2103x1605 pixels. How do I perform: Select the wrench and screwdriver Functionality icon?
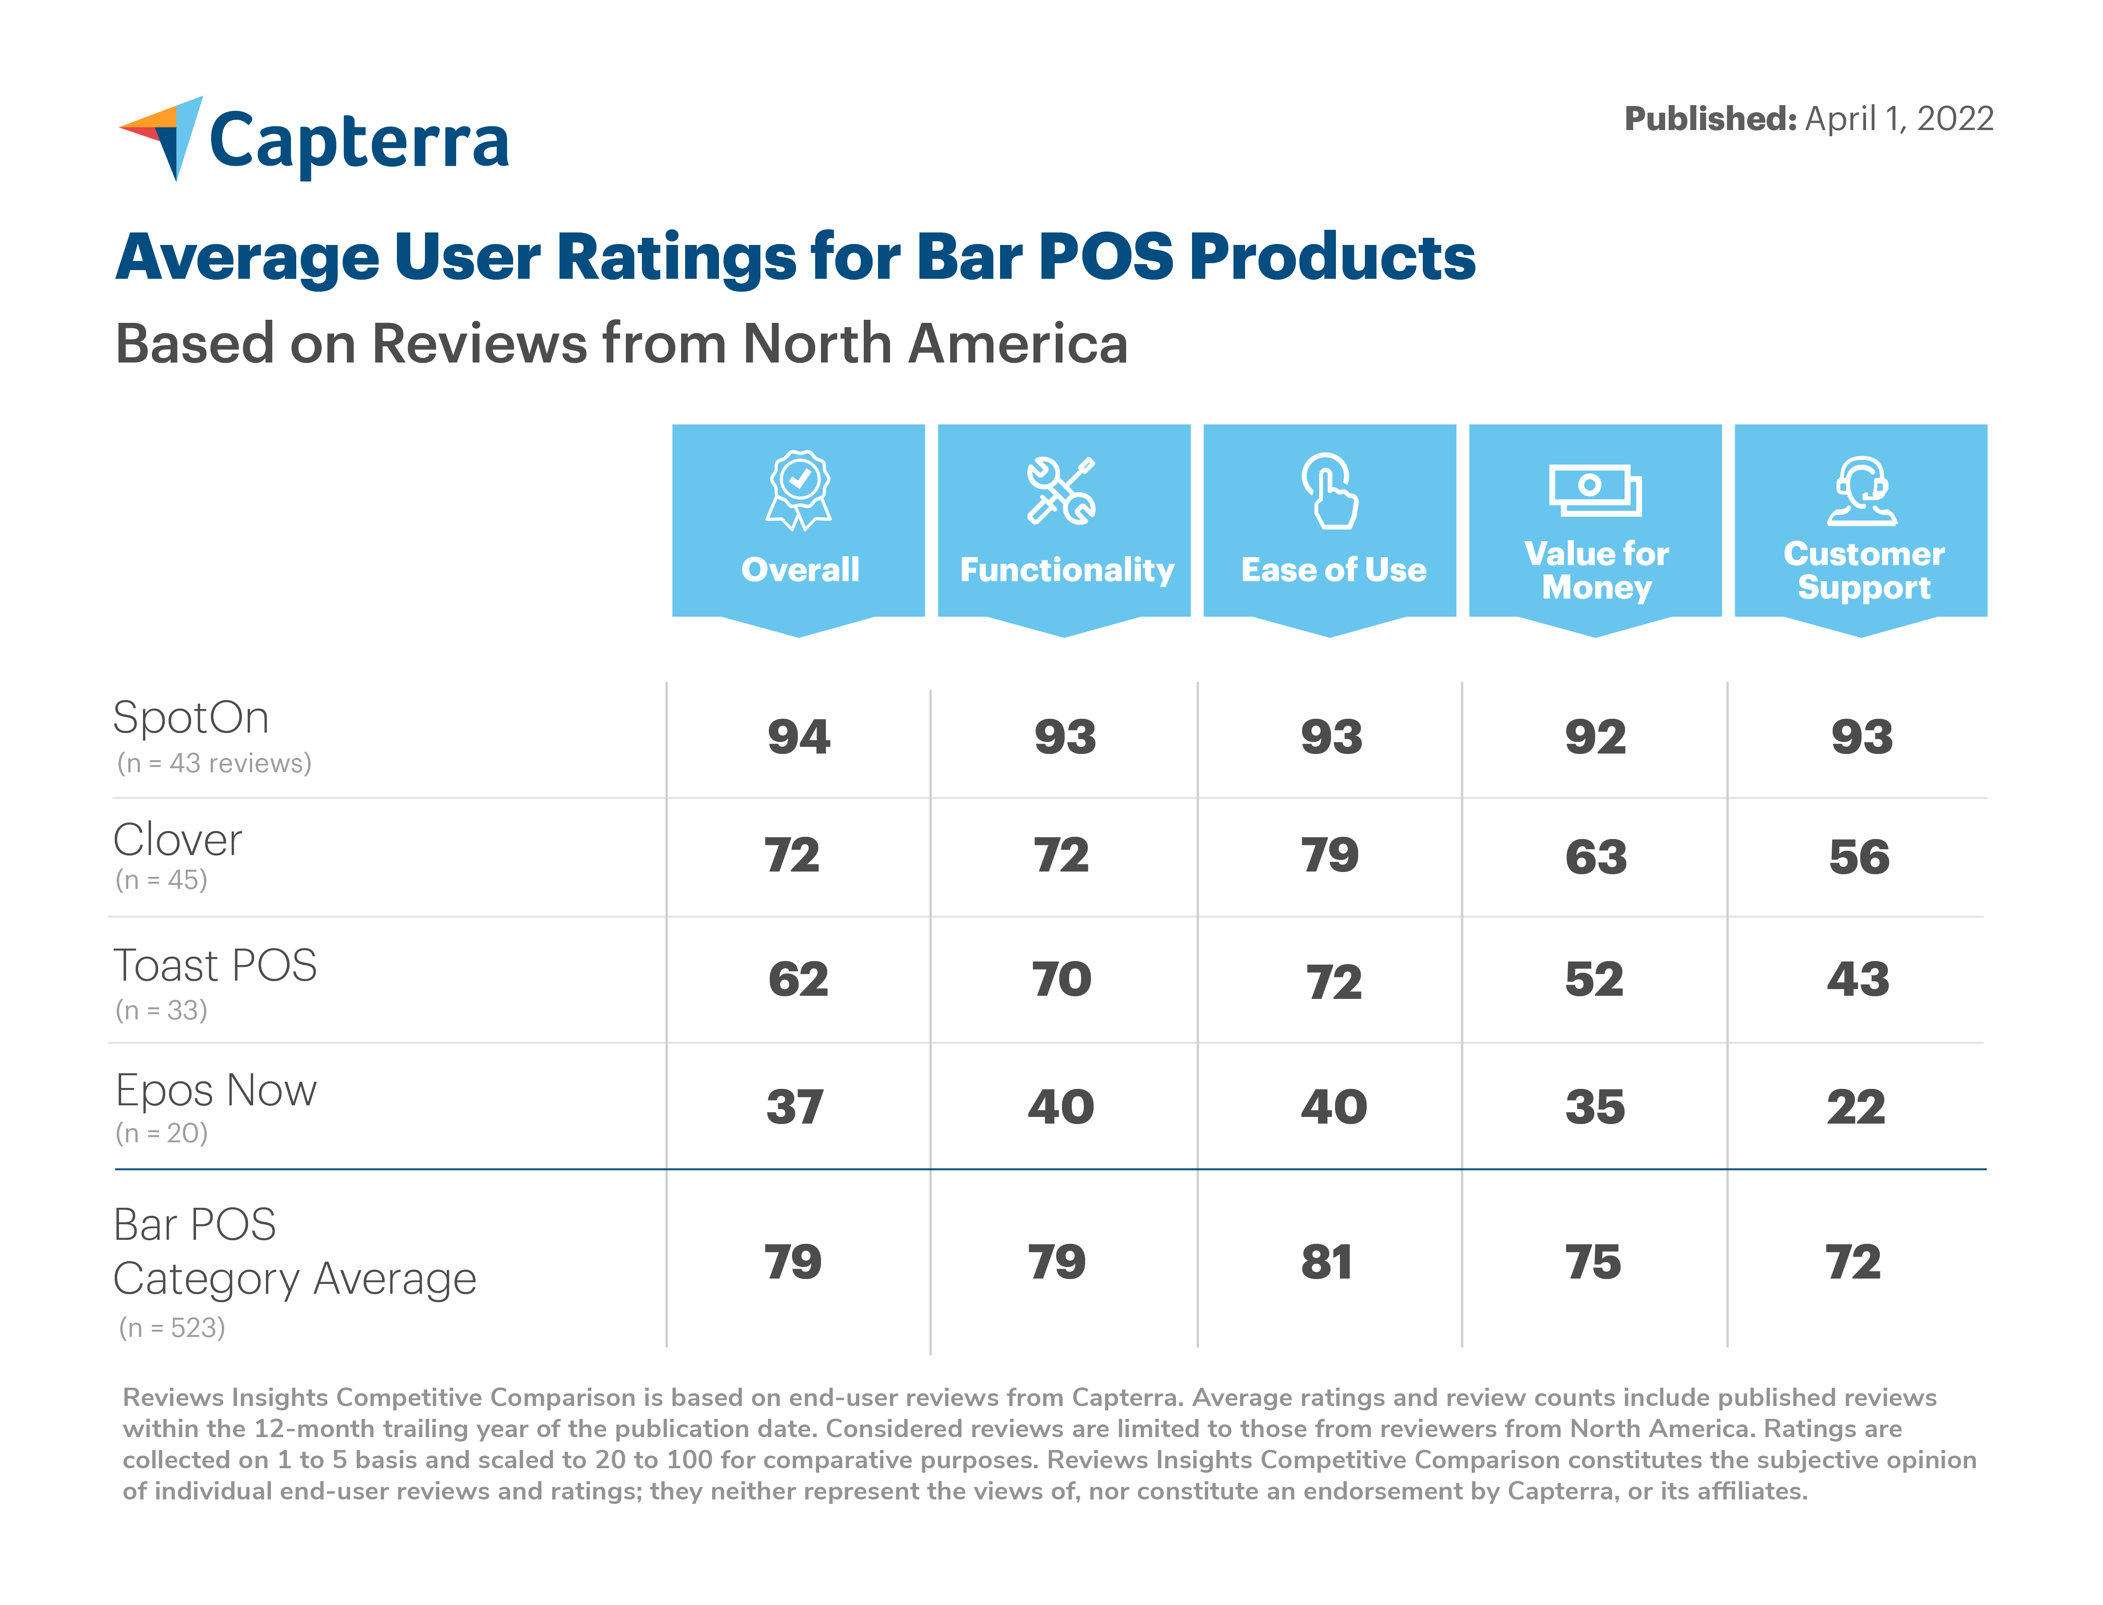click(x=1062, y=491)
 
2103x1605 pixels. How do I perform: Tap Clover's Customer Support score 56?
click(x=1859, y=857)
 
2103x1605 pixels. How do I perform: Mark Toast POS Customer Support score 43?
click(x=1858, y=979)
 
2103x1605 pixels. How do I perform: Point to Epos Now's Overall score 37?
click(x=795, y=1107)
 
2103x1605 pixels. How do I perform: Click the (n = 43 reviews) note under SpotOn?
click(x=214, y=763)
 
